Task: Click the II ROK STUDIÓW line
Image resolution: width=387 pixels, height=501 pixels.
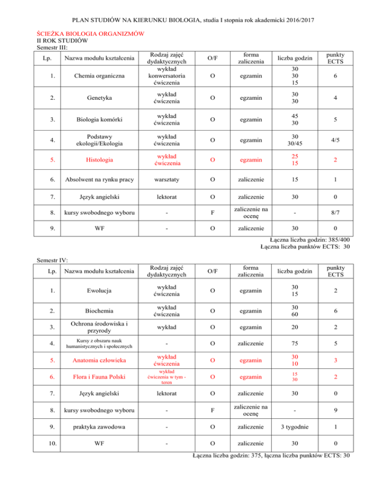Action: click(x=62, y=41)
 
